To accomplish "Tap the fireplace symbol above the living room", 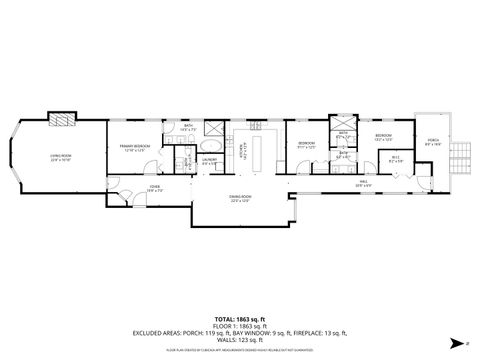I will [63, 119].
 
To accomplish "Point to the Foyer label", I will [155, 188].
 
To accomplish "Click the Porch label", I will [433, 141].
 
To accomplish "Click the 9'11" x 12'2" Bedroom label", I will [304, 145].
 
